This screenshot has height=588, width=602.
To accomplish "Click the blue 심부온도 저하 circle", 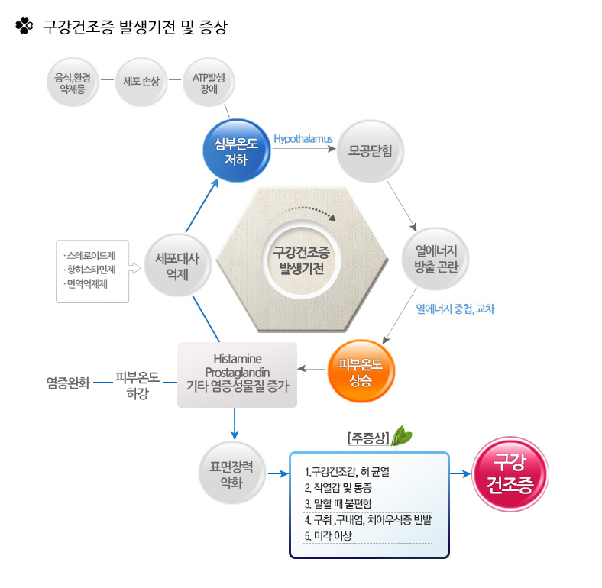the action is point(237,150).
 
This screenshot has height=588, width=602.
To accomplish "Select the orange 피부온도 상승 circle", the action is point(361,371).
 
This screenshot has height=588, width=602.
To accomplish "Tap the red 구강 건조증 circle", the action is point(510,474).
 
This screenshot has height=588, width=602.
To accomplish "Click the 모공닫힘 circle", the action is point(370,151).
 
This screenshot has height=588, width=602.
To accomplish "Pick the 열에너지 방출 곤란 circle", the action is point(435,259).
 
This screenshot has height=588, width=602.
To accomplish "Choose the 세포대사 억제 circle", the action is point(178,266).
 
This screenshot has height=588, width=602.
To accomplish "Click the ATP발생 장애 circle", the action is point(209,82).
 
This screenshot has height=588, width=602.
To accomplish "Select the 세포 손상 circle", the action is point(141,82).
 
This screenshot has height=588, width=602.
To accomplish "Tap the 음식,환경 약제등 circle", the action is point(73,82).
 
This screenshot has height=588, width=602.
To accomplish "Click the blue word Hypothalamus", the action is point(303,139).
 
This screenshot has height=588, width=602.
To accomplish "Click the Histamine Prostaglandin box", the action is point(238,375).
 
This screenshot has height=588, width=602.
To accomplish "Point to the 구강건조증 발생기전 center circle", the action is point(302,260).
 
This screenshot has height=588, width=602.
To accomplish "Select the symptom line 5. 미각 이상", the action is point(329,536).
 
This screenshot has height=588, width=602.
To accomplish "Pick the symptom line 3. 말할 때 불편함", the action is point(338,503).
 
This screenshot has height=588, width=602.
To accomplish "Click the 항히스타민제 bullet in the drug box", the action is point(89,270).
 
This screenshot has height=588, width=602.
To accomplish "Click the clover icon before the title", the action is point(24,26).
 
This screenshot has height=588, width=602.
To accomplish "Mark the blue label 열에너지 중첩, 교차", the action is point(455,309).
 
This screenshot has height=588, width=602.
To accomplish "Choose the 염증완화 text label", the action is point(68,383).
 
